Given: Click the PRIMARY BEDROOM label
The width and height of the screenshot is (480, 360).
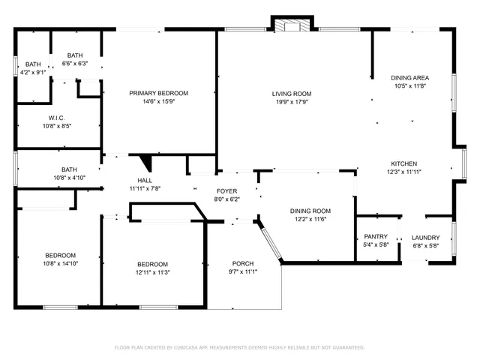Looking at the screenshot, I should point(158,93).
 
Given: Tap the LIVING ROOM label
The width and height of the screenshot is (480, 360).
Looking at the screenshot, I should point(292,94).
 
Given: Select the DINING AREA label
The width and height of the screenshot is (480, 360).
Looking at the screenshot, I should point(409,78).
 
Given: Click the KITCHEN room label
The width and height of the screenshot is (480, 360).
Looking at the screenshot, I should point(403,163).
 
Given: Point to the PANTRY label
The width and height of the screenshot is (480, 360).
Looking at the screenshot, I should point(375,237).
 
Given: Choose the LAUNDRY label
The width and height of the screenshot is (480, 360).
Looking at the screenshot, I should point(426,238).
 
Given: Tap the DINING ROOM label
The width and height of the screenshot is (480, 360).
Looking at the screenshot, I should point(310,211).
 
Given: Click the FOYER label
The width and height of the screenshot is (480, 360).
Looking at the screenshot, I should point(227,191).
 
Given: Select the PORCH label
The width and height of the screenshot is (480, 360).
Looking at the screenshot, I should point(242,263).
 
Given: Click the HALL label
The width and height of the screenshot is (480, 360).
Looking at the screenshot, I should point(145,181).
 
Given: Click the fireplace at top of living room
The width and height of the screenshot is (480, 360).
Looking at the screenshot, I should point(291,25).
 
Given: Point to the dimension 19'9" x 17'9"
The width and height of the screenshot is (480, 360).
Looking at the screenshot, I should point(292,102).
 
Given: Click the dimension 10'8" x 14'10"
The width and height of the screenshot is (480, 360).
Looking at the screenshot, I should point(59,263).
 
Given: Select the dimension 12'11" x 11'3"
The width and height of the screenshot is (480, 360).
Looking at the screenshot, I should point(152,272).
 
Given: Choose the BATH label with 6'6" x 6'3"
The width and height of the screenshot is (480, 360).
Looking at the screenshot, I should point(75,55).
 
